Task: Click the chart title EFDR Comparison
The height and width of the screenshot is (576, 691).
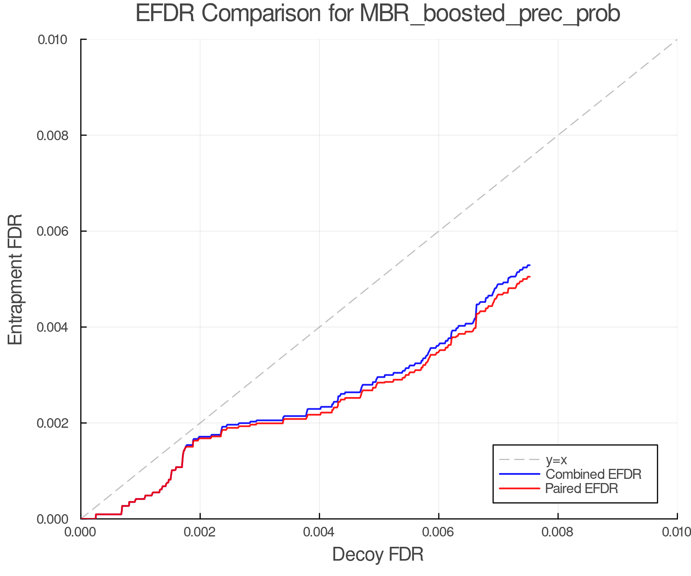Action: coord(378,14)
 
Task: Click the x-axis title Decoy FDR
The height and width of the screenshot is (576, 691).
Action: coord(378,554)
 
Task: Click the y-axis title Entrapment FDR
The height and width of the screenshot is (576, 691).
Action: coord(15,279)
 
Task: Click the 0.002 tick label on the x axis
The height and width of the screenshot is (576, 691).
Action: coord(200,532)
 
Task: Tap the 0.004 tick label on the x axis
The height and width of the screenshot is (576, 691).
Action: coord(319,532)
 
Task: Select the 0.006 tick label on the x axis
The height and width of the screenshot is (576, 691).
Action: coord(439,532)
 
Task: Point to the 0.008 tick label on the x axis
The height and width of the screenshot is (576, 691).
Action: coord(558,532)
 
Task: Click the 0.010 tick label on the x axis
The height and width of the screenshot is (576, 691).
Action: coord(676,532)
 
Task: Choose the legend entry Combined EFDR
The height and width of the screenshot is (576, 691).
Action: coord(593,474)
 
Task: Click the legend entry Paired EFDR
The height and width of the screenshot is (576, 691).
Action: coord(582,488)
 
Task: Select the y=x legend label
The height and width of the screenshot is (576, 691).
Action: coord(556,460)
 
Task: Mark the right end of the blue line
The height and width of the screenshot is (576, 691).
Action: coord(530,265)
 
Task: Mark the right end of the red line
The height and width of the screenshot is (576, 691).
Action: coord(530,277)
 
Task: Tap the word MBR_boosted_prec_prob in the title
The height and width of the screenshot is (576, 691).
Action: coord(490,14)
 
